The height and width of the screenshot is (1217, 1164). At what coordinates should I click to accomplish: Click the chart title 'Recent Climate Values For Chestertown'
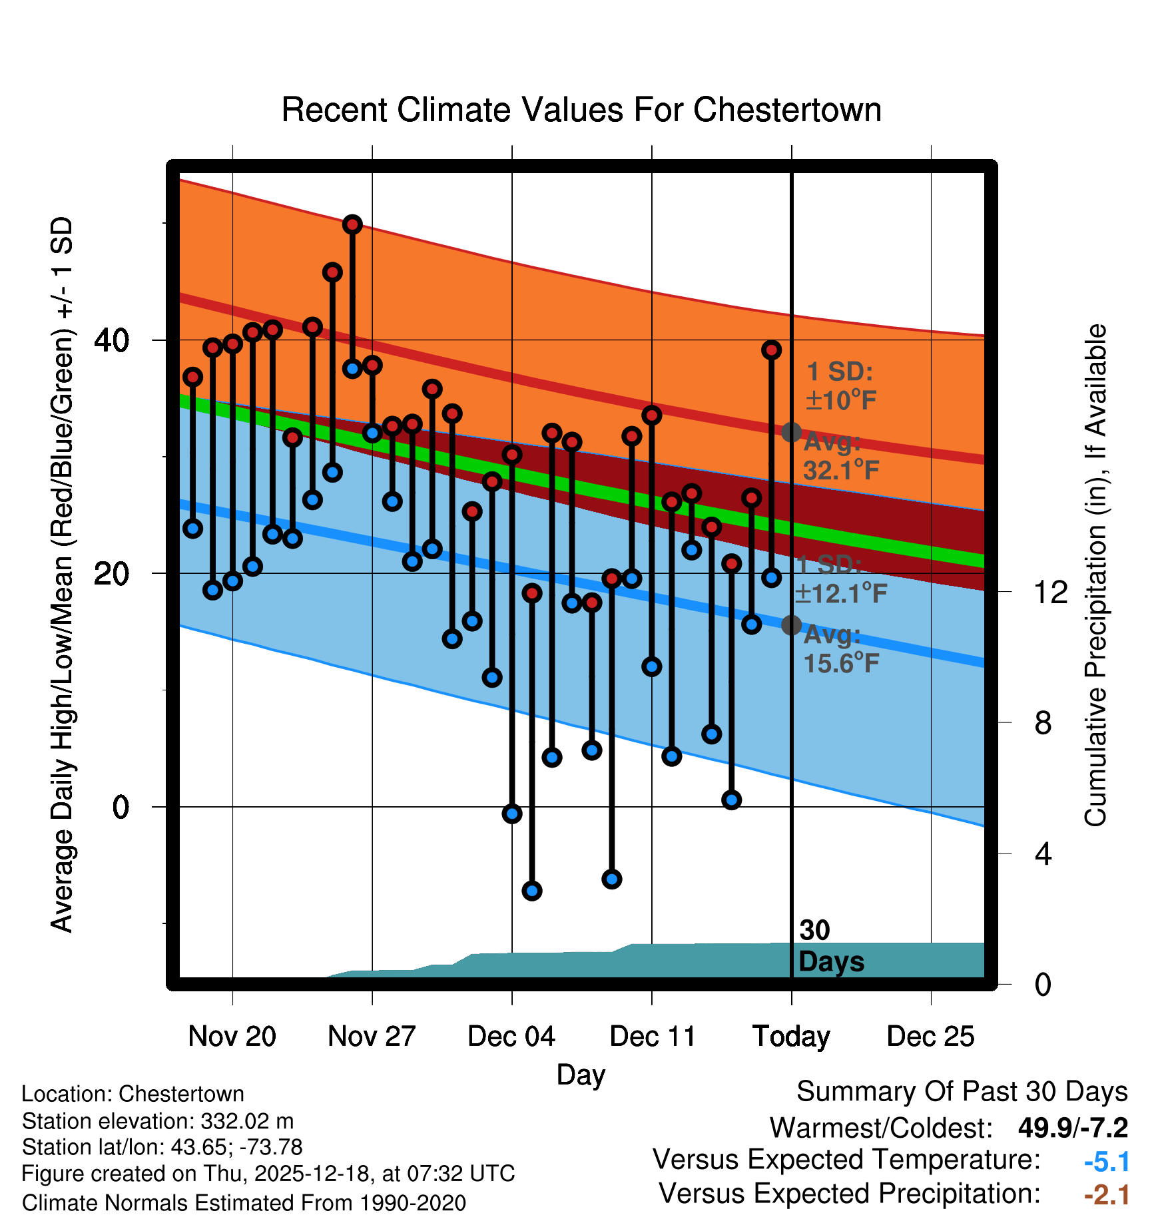(x=581, y=110)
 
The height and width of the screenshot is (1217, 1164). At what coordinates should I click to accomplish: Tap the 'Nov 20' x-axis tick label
(x=232, y=1036)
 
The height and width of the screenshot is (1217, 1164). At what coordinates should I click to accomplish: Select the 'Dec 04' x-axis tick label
(x=511, y=1036)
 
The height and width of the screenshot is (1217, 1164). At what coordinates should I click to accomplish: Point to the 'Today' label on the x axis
(x=791, y=1036)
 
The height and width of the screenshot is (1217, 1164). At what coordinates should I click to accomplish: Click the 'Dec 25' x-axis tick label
(x=930, y=1036)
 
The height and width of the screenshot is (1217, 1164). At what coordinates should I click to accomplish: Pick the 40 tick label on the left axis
(x=112, y=340)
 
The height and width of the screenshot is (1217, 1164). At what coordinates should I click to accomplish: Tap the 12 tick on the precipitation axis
(x=1050, y=592)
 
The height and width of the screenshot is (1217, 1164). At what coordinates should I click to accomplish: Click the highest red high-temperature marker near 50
(x=352, y=224)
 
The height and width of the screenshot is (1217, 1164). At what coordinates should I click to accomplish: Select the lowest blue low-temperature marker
(x=531, y=891)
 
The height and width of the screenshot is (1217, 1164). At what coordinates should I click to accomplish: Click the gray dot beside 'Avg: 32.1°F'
(x=791, y=432)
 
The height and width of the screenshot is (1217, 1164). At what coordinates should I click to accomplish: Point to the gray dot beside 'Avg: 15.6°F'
(x=791, y=625)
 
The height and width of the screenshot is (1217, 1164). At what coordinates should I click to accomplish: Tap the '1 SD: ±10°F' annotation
(x=840, y=386)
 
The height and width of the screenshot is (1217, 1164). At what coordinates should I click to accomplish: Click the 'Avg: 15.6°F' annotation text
(x=840, y=649)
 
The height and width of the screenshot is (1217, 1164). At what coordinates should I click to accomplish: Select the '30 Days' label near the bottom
(x=830, y=946)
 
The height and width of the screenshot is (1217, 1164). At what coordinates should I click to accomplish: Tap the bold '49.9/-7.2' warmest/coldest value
(x=1073, y=1128)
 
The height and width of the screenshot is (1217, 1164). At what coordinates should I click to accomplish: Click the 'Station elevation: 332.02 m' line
(x=158, y=1121)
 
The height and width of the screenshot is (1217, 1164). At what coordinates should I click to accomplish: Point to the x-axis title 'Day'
(x=581, y=1075)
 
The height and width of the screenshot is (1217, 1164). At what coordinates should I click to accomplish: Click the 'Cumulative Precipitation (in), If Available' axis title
(x=1095, y=575)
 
